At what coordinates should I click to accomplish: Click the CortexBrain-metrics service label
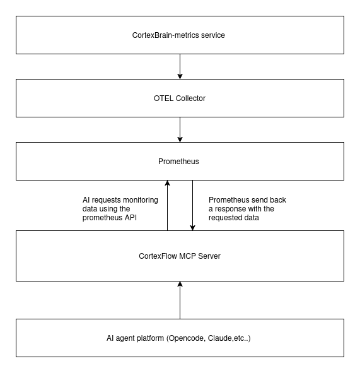[x=178, y=35]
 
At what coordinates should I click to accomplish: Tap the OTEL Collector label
[x=180, y=98]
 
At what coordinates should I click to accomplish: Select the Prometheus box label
[x=178, y=162]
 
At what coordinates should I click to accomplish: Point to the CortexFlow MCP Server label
[x=180, y=256]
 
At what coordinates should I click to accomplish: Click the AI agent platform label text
[x=178, y=338]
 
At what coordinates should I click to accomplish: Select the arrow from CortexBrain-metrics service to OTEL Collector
[x=180, y=67]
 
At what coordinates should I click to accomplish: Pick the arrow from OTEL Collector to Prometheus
[x=180, y=129]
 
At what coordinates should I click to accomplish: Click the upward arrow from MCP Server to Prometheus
[x=167, y=205]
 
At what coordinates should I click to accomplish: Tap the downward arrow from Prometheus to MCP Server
[x=192, y=205]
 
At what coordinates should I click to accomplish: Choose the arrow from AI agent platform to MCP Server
[x=180, y=300]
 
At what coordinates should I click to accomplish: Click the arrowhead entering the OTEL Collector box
[x=180, y=76]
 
